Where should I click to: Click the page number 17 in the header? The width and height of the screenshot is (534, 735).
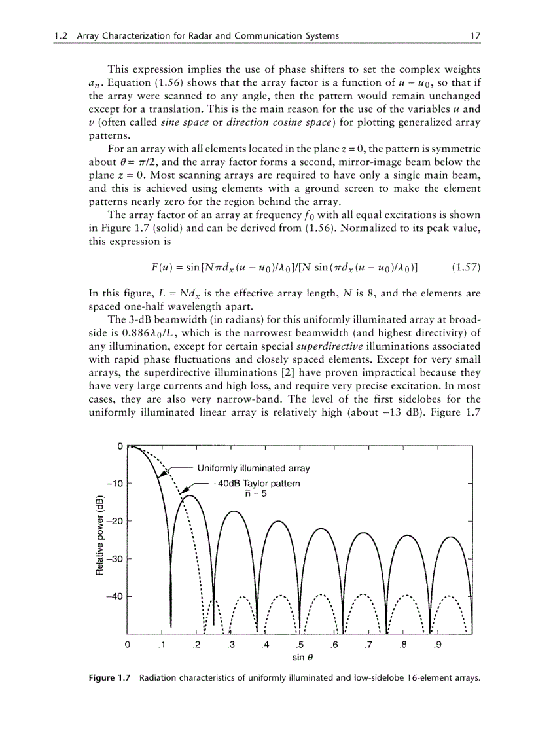point(476,35)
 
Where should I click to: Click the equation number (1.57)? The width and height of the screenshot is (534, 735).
point(466,268)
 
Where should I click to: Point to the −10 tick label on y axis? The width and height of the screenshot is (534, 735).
point(114,484)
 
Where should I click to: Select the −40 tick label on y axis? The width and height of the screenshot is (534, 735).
point(114,596)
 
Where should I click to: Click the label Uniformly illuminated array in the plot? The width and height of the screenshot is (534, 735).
point(254,468)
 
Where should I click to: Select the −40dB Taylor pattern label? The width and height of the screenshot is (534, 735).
point(256,484)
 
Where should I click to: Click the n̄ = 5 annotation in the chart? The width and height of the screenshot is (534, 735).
point(255,494)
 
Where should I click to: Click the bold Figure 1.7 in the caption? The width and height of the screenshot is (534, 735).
point(110,678)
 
